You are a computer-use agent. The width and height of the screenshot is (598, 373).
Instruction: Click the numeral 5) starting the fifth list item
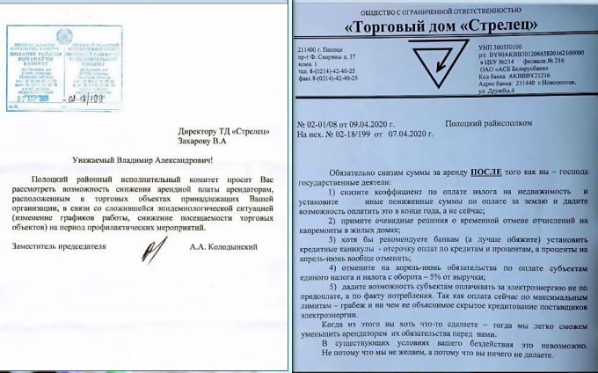332,287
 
